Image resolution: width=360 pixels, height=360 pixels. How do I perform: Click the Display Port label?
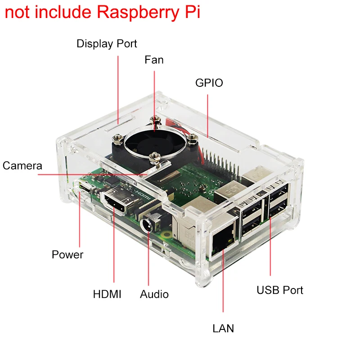(107, 44)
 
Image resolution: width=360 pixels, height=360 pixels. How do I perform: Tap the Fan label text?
(154, 60)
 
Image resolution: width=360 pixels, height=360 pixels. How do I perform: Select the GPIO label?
(209, 83)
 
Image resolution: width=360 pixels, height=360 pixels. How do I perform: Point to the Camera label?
(22, 166)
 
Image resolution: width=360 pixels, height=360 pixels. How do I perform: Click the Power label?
(67, 255)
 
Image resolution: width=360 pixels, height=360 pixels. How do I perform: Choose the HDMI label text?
(107, 294)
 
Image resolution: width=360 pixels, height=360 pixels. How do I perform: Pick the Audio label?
(154, 294)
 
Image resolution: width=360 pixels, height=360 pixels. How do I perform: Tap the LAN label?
(223, 328)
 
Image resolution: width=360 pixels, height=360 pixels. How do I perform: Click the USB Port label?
(280, 290)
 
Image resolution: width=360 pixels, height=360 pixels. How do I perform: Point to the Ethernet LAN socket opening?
(223, 243)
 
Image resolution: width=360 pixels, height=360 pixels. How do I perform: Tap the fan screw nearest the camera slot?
(155, 157)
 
